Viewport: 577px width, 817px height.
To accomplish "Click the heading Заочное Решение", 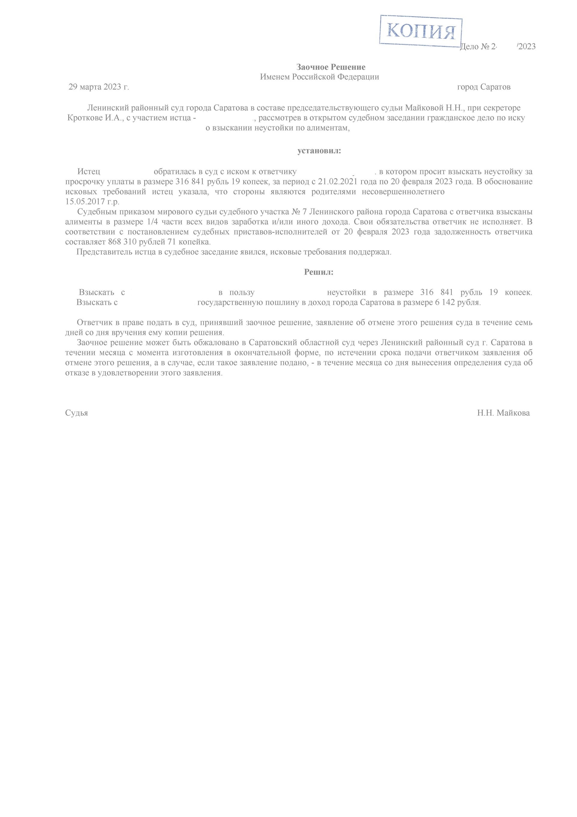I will [x=331, y=67].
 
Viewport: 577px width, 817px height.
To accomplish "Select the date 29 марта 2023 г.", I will [x=99, y=87].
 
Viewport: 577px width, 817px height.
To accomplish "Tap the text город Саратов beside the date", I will [x=484, y=87].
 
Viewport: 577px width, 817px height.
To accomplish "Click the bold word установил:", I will [x=319, y=151].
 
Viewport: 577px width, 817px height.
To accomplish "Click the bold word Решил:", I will [x=319, y=272].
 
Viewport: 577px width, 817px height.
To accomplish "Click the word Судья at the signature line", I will [x=76, y=413].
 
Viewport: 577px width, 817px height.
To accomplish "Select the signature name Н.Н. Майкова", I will [x=503, y=413].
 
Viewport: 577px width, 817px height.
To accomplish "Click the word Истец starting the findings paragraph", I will [x=89, y=172].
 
